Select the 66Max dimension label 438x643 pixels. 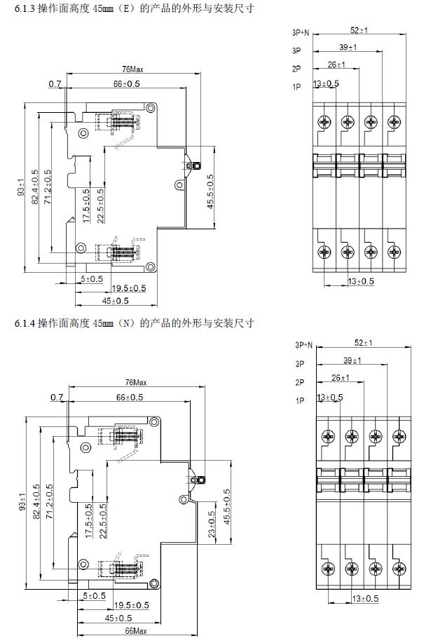[135, 631]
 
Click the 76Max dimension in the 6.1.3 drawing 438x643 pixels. [133, 69]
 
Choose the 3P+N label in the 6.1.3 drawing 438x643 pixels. [302, 33]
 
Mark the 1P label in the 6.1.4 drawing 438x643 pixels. [300, 400]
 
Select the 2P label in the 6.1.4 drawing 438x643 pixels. [300, 382]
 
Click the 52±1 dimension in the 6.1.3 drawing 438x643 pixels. [360, 30]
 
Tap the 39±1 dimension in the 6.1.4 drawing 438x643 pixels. [352, 360]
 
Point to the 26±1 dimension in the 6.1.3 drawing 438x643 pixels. [336, 65]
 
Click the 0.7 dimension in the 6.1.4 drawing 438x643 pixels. [57, 398]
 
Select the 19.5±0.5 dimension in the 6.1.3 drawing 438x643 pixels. [130, 288]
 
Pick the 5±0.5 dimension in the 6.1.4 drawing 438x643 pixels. [94, 595]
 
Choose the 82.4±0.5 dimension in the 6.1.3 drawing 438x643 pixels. [35, 187]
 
